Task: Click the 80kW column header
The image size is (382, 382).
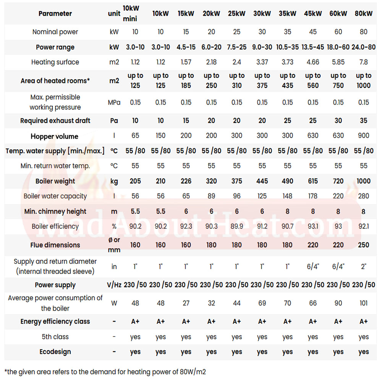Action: click(363, 13)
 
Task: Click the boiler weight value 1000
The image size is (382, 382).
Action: click(363, 181)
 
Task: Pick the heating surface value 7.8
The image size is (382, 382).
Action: click(364, 62)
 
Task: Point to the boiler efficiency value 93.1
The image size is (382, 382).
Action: click(313, 227)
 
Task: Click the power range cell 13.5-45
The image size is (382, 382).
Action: click(313, 47)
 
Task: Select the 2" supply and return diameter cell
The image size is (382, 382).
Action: click(364, 267)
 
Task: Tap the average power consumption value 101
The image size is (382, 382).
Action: click(364, 303)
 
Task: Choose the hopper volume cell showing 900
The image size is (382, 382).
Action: click(364, 136)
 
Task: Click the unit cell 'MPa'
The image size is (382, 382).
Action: click(114, 102)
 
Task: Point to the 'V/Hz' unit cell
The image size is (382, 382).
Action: click(114, 285)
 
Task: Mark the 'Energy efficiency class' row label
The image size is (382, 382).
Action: click(55, 322)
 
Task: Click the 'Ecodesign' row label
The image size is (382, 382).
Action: click(55, 352)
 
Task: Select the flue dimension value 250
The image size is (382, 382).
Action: click(364, 245)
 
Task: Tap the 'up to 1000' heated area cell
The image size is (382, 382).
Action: click(364, 81)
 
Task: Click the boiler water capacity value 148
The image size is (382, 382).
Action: click(288, 196)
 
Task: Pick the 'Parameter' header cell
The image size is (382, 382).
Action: click(55, 14)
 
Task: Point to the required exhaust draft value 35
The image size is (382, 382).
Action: click(364, 121)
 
